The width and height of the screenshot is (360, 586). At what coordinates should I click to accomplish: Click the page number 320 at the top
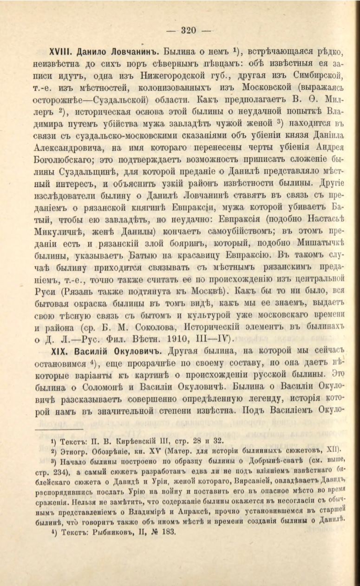(189, 31)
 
